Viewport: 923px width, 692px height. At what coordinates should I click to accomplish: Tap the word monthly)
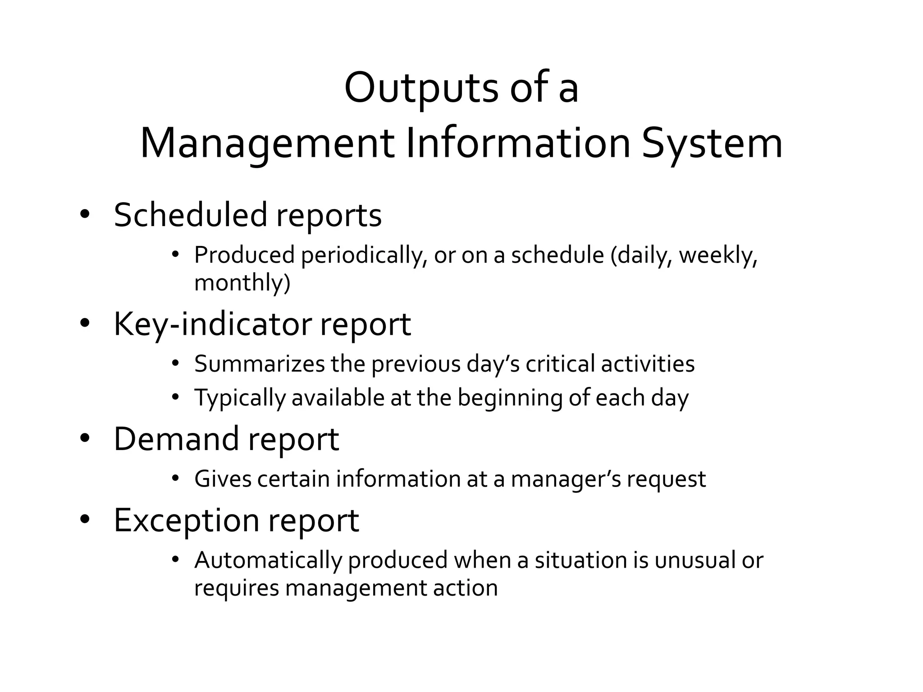tap(242, 283)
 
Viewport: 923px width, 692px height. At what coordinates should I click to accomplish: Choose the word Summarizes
tap(259, 364)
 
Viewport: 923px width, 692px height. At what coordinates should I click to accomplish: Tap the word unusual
tap(692, 560)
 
